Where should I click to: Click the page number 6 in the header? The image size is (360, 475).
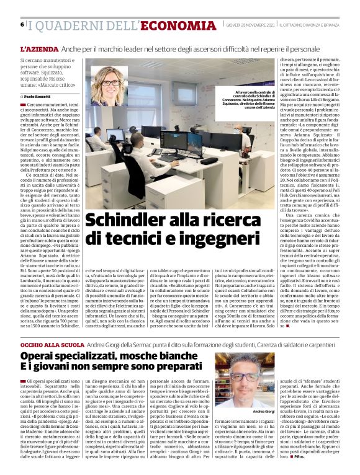tap(22, 24)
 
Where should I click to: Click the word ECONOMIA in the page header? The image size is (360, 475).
tap(178, 25)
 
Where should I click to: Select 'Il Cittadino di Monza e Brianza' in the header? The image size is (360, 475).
tap(307, 24)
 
